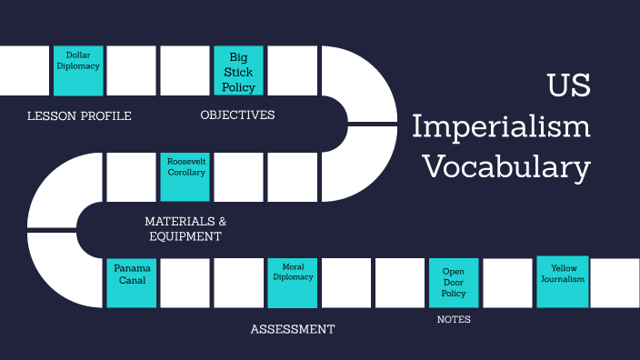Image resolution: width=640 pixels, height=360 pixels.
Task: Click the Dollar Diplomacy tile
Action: [78, 70]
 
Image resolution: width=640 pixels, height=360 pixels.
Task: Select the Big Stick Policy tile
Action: [239, 70]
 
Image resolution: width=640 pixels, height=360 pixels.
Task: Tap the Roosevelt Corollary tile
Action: [185, 176]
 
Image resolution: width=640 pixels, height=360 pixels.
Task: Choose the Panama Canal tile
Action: [132, 283]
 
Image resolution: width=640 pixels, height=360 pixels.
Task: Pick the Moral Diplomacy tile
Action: [293, 283]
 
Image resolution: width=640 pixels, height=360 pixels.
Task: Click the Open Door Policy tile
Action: [454, 283]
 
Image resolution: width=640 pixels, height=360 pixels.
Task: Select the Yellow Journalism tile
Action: [563, 282]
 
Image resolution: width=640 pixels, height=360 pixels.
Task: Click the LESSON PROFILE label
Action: [79, 115]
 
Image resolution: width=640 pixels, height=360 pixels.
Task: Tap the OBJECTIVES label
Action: [237, 115]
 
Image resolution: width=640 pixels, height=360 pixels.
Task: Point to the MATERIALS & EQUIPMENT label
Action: [185, 228]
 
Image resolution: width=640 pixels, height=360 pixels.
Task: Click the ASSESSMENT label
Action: [292, 329]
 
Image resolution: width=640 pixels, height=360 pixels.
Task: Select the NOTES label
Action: [453, 320]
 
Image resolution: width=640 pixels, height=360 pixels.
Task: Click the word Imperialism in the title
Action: [501, 126]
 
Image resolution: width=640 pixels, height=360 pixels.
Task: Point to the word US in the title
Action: [568, 86]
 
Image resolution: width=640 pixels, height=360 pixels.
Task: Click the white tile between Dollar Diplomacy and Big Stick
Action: [132, 70]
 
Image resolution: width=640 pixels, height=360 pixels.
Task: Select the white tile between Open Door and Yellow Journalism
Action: [507, 283]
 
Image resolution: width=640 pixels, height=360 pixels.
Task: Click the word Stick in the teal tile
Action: [239, 72]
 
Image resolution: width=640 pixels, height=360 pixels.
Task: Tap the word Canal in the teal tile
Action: [132, 280]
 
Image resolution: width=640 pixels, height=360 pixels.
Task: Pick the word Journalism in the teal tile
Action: [563, 279]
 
